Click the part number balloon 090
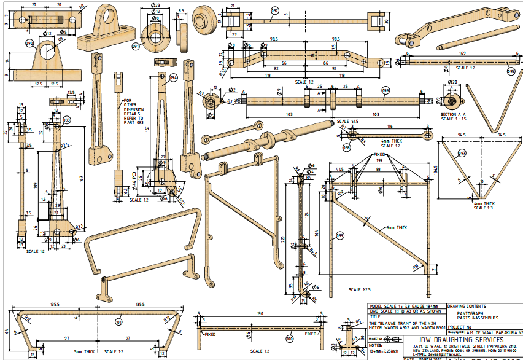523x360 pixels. tap(29, 44)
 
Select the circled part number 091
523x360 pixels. tap(136, 45)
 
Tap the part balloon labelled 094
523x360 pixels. tap(174, 78)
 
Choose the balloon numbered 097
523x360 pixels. tap(462, 153)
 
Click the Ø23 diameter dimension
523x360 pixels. tap(155, 6)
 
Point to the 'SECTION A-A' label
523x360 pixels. tap(453, 114)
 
